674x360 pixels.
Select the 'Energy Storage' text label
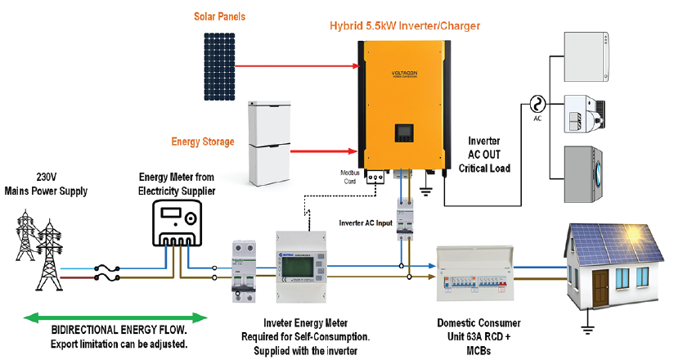pos(202,142)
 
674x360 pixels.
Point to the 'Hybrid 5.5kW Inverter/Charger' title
pos(398,26)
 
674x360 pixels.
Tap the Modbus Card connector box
pos(376,176)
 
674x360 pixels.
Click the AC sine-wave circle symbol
pos(538,103)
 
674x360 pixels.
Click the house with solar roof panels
pos(610,262)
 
